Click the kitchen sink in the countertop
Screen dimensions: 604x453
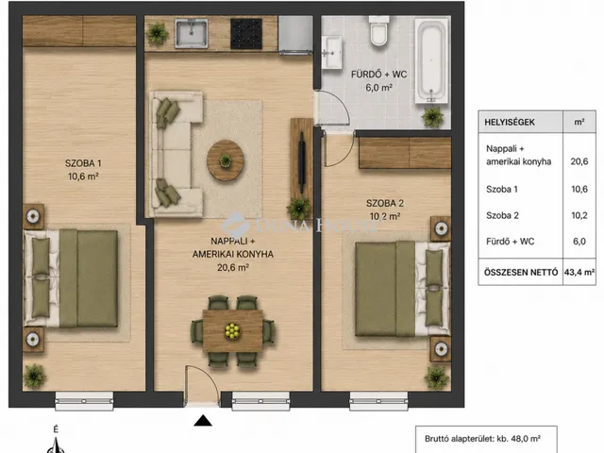point(192,34)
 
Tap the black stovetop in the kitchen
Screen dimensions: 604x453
point(246,34)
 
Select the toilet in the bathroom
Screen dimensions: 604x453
point(378,31)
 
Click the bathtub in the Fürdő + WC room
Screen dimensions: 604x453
point(431,60)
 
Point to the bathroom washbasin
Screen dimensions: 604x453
point(331,52)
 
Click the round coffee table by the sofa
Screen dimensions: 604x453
point(226,160)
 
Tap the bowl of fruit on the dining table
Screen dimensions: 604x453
point(232,330)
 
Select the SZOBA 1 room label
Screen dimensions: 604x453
point(83,163)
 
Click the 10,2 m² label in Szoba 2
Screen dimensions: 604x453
point(385,216)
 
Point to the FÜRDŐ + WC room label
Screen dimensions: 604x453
point(379,75)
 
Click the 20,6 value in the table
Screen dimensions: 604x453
point(579,161)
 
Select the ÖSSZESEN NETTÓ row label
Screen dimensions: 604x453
point(521,273)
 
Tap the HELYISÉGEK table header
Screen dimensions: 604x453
point(510,122)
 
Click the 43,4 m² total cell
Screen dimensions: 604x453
point(579,273)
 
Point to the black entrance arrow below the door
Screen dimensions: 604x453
point(203,420)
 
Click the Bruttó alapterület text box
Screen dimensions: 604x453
point(486,439)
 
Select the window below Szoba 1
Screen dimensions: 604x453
point(84,401)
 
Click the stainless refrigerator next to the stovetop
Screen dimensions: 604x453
point(295,35)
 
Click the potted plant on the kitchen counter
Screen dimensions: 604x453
point(158,34)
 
